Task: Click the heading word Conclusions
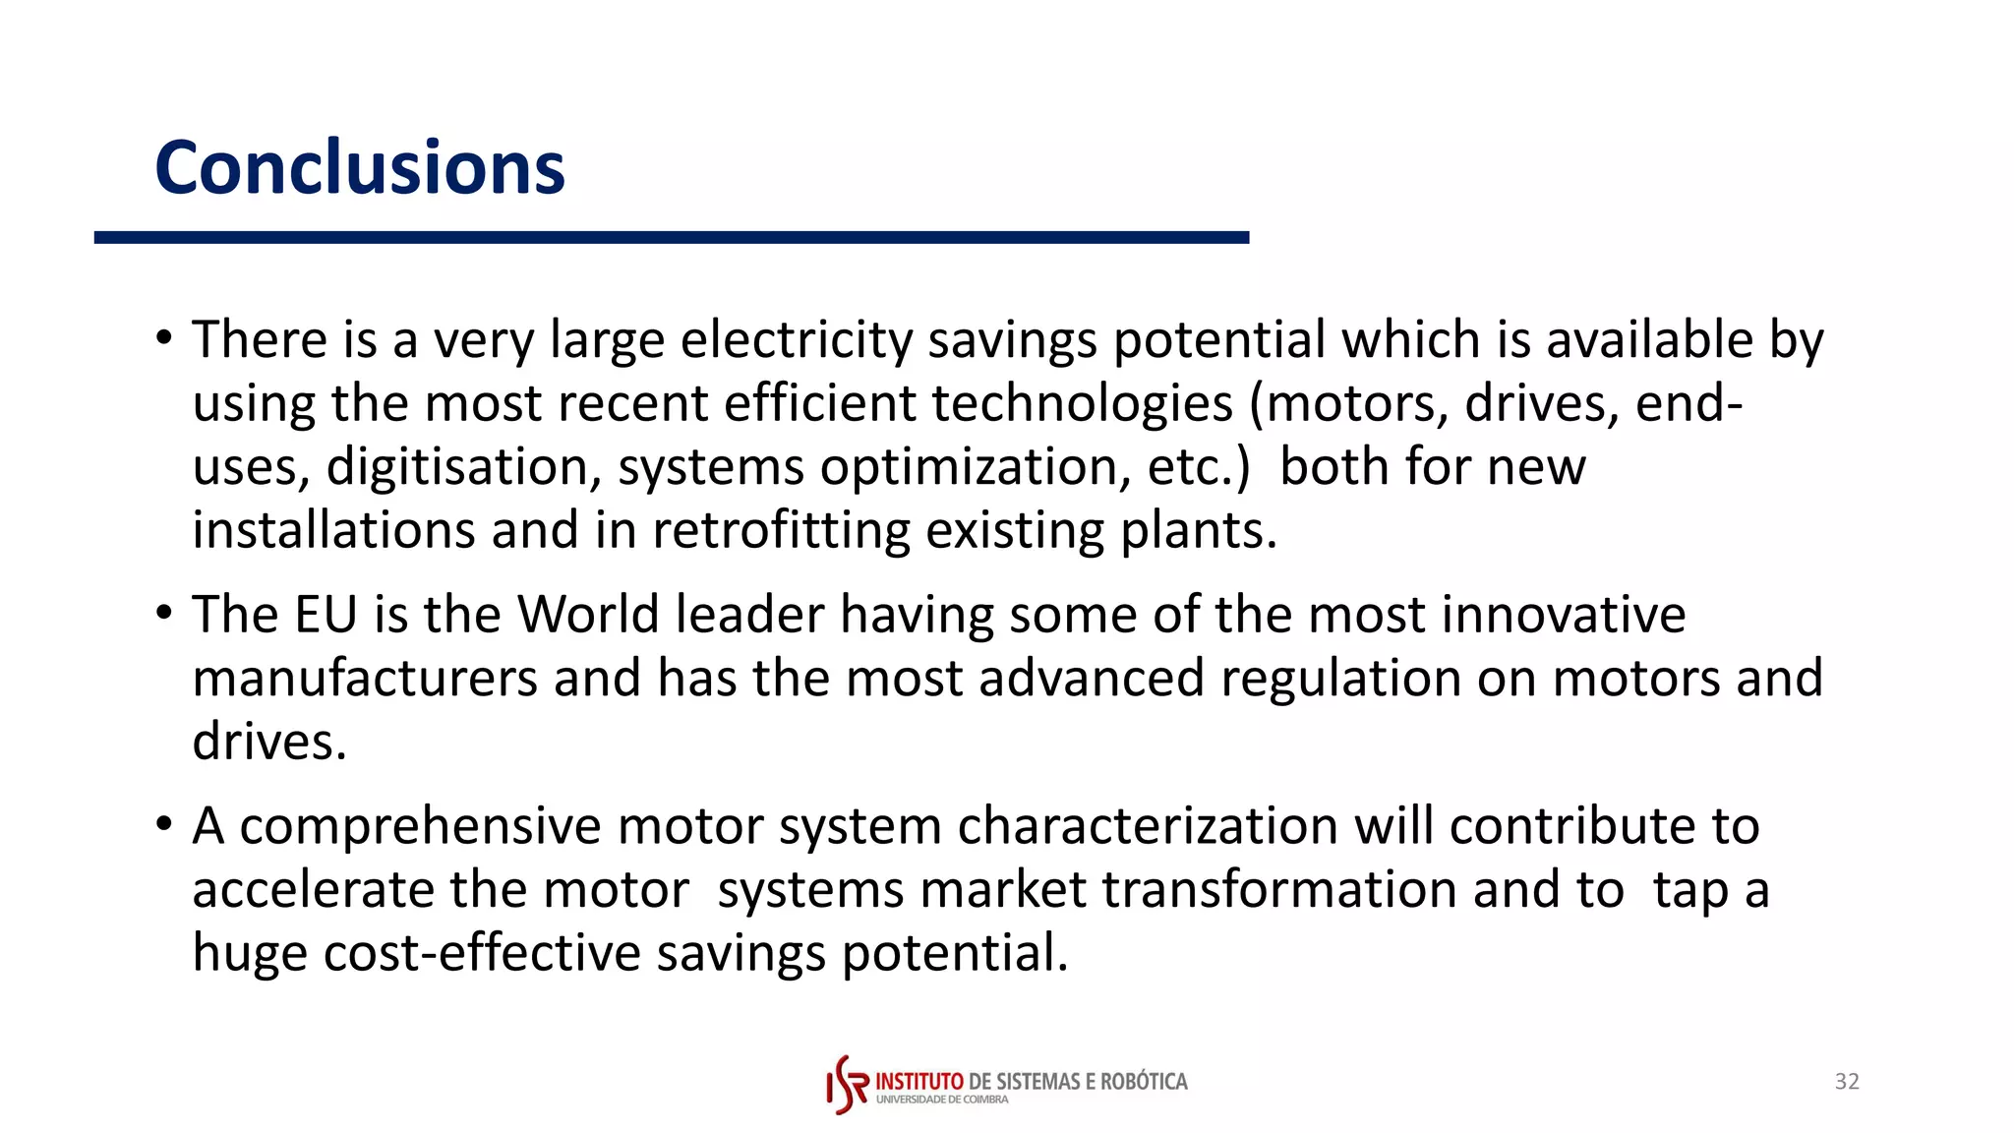(x=360, y=167)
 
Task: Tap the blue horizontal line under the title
(x=671, y=238)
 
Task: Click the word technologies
(x=1082, y=403)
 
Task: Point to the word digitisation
(x=463, y=467)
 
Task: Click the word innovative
(x=1564, y=615)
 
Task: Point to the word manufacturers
(x=365, y=679)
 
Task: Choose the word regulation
(x=1340, y=679)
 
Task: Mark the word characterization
(x=1148, y=826)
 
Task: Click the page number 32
(x=1847, y=1082)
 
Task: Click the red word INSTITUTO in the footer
(x=919, y=1082)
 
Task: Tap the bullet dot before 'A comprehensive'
(x=164, y=823)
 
